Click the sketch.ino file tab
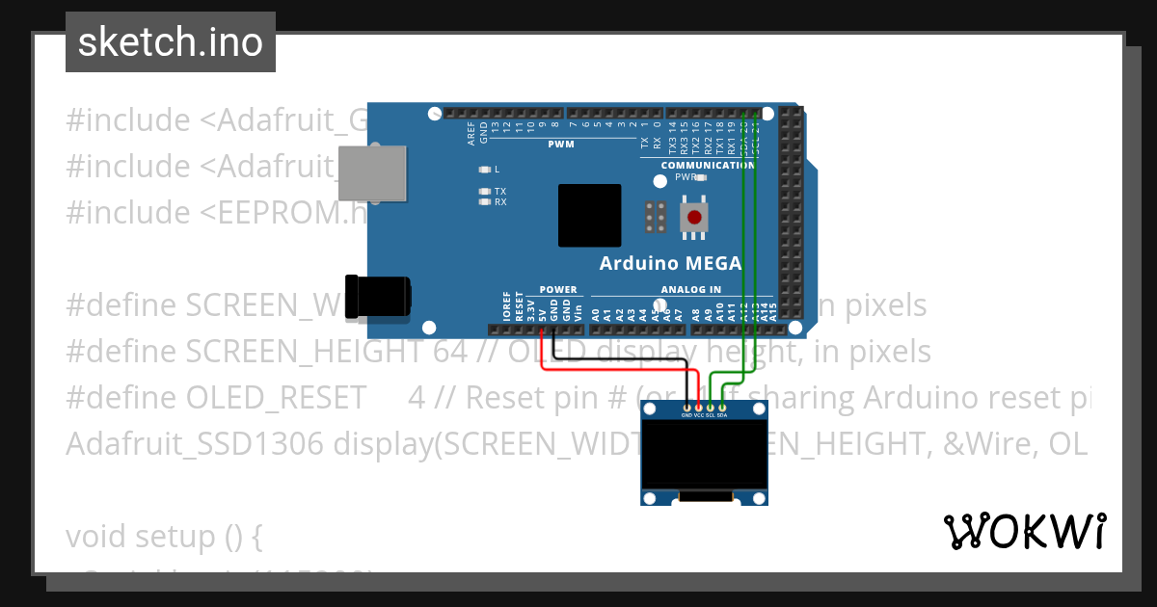(x=171, y=42)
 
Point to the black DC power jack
(x=380, y=297)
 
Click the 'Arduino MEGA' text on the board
(x=670, y=263)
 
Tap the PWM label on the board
(x=561, y=145)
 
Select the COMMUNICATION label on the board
(x=708, y=166)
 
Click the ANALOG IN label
(x=690, y=289)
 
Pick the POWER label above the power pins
(x=558, y=289)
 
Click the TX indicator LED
(x=486, y=191)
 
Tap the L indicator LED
(x=486, y=169)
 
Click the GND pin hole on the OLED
(x=686, y=409)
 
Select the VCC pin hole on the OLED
(x=698, y=409)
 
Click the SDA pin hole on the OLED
(x=722, y=409)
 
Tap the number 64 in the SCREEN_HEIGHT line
(x=450, y=352)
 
